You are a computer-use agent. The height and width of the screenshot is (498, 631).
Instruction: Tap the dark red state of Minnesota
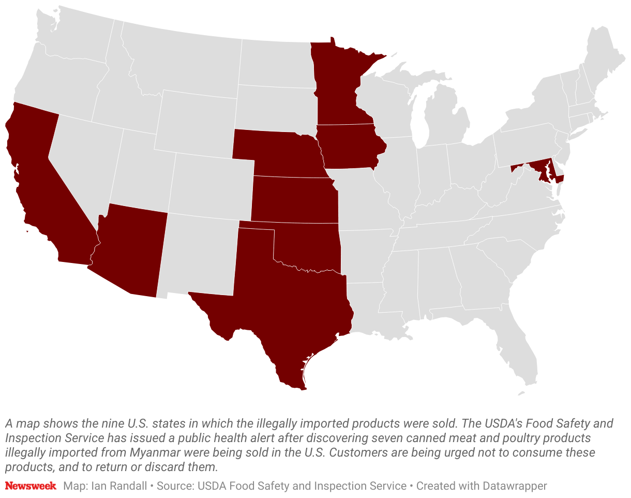[x=339, y=88]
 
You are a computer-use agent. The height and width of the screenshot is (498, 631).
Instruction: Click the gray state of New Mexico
[x=199, y=254]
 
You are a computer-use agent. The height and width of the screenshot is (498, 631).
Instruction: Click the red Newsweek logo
[x=31, y=486]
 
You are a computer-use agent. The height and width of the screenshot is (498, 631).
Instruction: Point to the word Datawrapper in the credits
[x=514, y=486]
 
